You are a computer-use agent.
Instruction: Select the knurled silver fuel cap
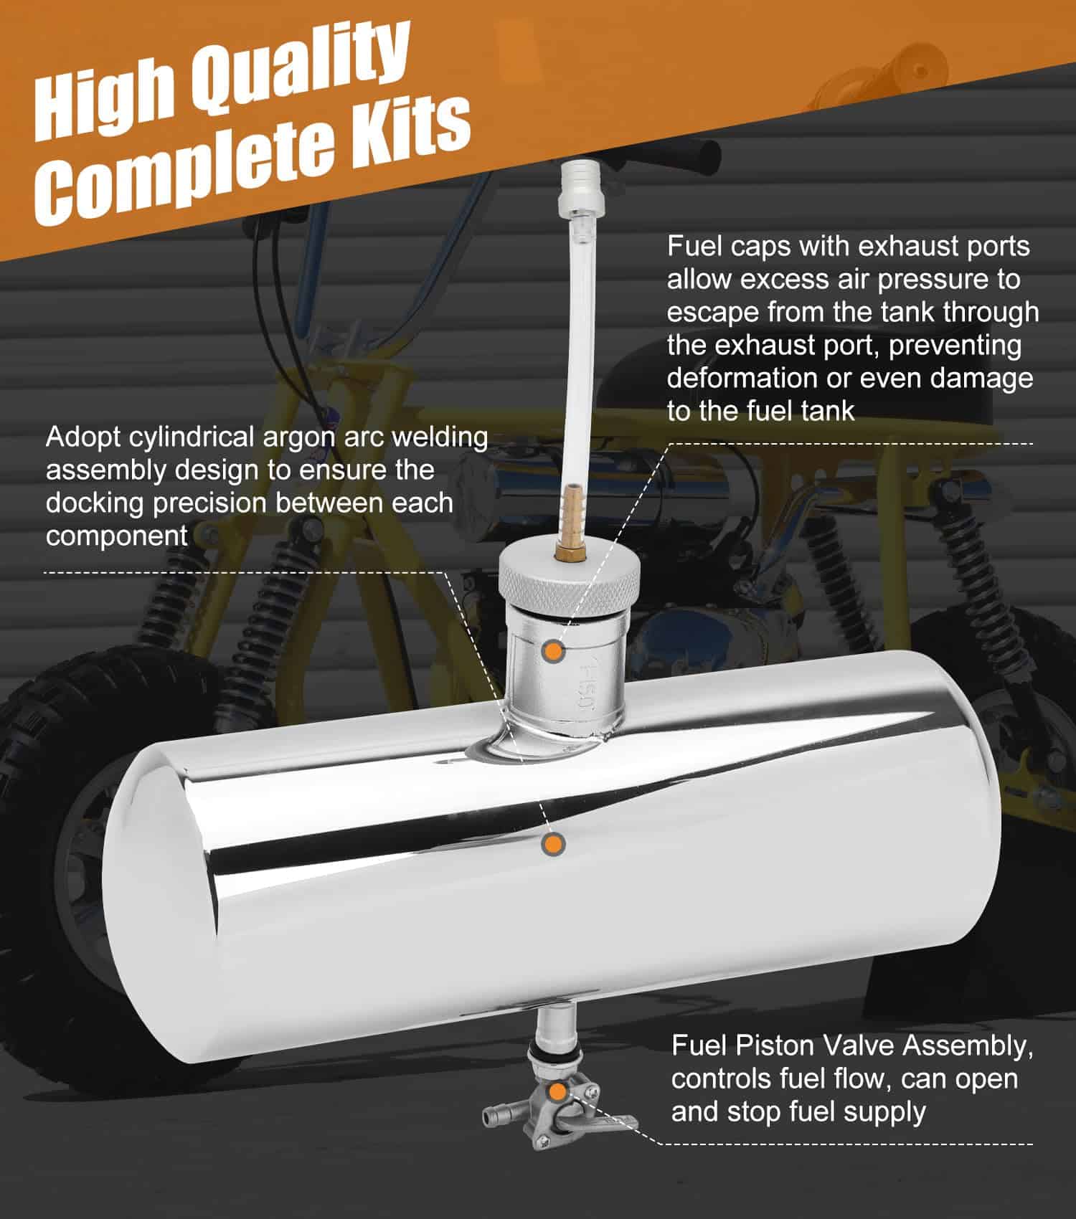tap(570, 577)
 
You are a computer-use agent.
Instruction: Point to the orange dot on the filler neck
tap(553, 650)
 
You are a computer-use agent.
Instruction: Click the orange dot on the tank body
tap(553, 844)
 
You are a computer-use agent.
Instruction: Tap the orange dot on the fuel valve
tap(556, 1092)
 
